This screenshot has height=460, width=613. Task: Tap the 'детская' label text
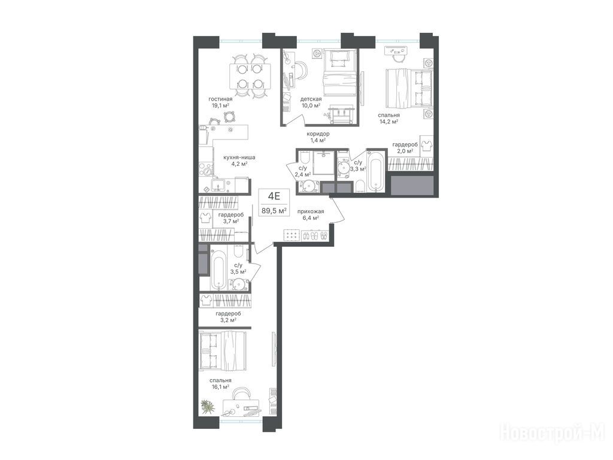pos(311,99)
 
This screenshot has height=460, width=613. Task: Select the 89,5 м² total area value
pos(274,211)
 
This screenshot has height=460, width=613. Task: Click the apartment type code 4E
pos(272,196)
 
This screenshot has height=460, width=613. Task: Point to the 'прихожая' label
pos(311,211)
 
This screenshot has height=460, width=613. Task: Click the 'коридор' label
pos(318,134)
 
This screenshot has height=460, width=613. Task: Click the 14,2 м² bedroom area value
pos(389,121)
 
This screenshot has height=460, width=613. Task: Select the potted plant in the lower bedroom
pos(208,407)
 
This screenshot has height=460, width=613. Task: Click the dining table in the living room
pos(250,77)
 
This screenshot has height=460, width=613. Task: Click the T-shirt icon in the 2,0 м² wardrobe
pos(426,144)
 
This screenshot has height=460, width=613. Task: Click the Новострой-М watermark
pos(553,434)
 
